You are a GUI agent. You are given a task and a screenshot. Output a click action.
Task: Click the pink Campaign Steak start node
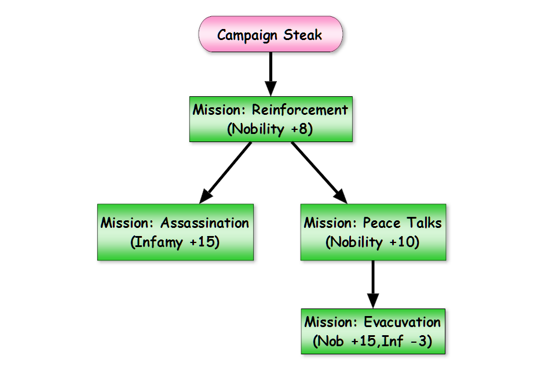(x=270, y=34)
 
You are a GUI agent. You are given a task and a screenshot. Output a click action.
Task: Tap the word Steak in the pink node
(x=302, y=35)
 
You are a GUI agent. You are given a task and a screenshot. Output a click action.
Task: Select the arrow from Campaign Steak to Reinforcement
(x=270, y=74)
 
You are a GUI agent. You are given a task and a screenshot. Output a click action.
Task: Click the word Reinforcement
(x=299, y=110)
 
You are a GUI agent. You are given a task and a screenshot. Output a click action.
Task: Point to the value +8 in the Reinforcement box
(x=299, y=129)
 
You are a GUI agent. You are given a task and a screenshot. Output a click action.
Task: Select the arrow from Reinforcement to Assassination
(x=225, y=173)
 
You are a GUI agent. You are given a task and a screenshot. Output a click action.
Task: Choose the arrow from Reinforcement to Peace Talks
(x=319, y=173)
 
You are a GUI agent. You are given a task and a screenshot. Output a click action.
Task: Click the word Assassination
(x=204, y=223)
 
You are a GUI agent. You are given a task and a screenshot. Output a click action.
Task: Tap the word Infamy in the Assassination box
(x=158, y=242)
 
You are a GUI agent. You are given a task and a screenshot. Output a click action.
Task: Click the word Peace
(x=382, y=223)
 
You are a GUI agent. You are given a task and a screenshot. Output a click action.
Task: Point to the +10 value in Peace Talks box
(x=403, y=242)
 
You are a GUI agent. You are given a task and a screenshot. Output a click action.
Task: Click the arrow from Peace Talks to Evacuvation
(x=373, y=284)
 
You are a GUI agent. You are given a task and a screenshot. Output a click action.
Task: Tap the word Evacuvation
(x=403, y=322)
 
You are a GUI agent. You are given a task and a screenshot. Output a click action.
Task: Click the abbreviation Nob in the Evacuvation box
(x=330, y=342)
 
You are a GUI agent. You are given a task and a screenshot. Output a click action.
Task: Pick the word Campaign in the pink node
(x=247, y=35)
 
